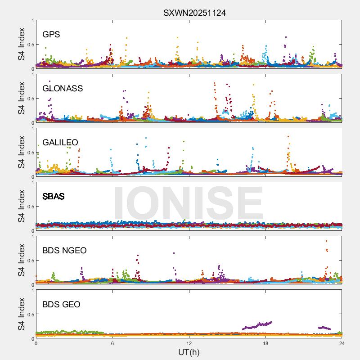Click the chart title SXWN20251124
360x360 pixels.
[194, 13]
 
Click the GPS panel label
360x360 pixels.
[51, 34]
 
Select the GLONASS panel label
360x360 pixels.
[63, 88]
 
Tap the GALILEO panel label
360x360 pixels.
[60, 142]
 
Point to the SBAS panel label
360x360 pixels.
[54, 196]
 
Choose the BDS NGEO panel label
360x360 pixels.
[64, 250]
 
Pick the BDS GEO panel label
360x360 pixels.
[61, 305]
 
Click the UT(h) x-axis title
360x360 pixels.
[189, 352]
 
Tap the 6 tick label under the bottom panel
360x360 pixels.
[112, 343]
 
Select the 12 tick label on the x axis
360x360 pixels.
[189, 343]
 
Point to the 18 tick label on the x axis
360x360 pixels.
[265, 343]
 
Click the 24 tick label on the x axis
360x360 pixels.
[342, 343]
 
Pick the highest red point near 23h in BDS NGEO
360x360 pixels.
[326, 241]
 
